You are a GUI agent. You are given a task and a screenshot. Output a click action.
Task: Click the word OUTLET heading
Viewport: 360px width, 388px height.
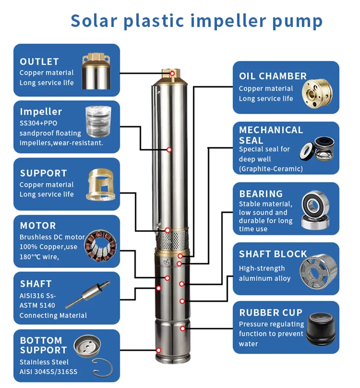pyautogui.click(x=39, y=61)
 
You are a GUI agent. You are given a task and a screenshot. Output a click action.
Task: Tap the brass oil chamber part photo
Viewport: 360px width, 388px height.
pyautogui.click(x=317, y=94)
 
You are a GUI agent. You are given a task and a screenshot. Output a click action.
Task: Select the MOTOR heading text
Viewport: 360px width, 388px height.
pyautogui.click(x=38, y=226)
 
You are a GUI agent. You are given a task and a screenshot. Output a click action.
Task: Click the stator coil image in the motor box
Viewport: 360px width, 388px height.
pyautogui.click(x=100, y=246)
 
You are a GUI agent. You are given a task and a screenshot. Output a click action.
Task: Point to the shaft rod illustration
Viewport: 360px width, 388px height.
pyautogui.click(x=88, y=294)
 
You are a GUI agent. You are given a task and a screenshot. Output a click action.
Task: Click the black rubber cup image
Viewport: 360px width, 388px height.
pyautogui.click(x=321, y=329)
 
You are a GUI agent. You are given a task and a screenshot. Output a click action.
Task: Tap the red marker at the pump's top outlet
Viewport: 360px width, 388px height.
pyautogui.click(x=172, y=73)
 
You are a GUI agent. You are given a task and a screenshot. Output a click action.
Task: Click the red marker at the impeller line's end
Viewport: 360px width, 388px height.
pyautogui.click(x=169, y=150)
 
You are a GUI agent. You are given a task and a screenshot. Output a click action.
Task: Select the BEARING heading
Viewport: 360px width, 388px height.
pyautogui.click(x=260, y=194)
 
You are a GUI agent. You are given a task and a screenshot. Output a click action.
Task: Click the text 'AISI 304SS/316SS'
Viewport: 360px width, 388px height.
pyautogui.click(x=48, y=371)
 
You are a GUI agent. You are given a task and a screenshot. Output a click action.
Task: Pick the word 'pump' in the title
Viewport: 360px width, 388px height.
pyautogui.click(x=297, y=21)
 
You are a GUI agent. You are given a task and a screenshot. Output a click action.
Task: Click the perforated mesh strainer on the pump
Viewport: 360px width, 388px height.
pyautogui.click(x=173, y=240)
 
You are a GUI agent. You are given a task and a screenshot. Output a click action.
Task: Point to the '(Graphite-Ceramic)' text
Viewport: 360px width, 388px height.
pyautogui.click(x=271, y=169)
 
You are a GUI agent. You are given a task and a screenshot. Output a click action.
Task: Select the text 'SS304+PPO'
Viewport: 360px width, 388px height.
pyautogui.click(x=38, y=123)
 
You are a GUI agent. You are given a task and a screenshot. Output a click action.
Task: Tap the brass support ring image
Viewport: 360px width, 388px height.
pyautogui.click(x=100, y=184)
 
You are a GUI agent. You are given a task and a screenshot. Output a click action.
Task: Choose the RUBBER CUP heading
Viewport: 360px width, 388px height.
pyautogui.click(x=271, y=313)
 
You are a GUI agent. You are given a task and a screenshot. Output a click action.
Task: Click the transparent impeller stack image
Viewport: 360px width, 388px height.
pyautogui.click(x=98, y=122)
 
